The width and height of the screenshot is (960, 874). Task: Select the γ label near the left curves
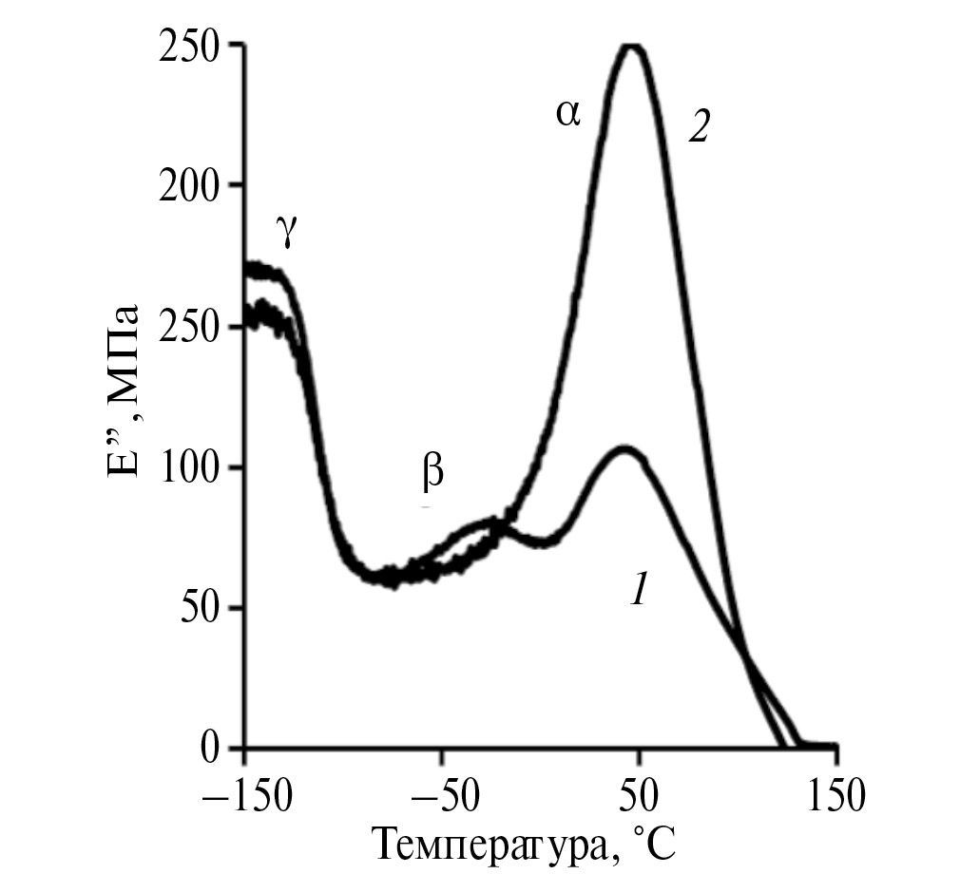[286, 232]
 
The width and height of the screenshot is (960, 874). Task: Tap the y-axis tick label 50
[201, 608]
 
